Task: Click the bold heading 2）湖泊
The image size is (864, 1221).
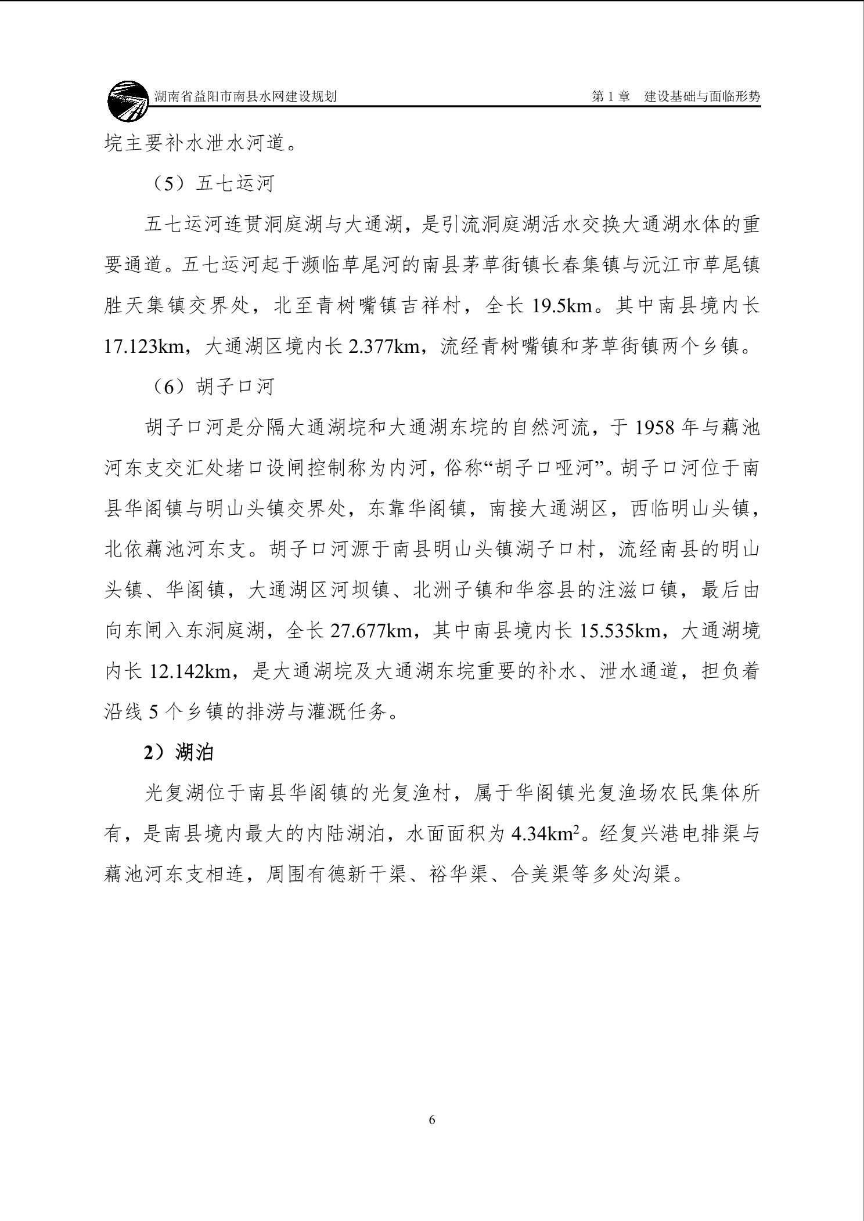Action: [x=179, y=753]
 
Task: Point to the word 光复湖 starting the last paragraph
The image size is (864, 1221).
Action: [x=175, y=793]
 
